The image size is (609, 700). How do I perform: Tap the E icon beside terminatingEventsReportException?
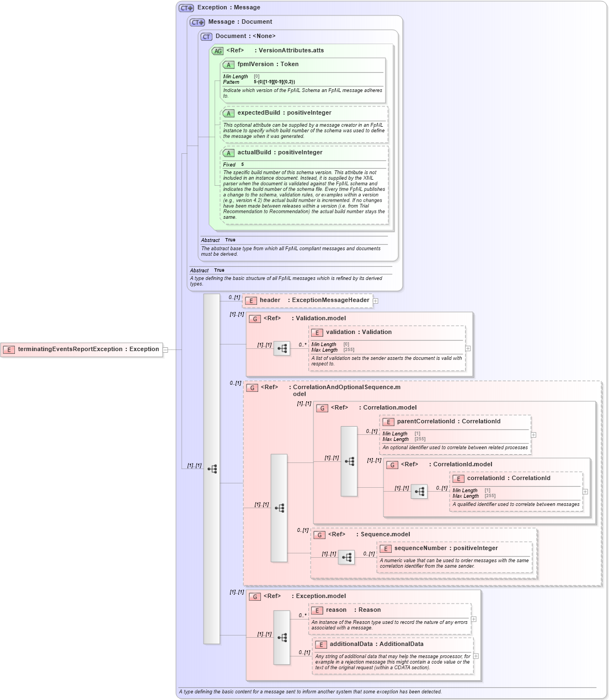[9, 349]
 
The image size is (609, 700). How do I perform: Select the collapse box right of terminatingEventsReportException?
[165, 349]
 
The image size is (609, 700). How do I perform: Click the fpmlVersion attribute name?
[255, 64]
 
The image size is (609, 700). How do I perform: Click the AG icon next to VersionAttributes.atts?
[217, 51]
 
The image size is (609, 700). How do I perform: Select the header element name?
[270, 300]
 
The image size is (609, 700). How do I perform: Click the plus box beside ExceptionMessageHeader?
[376, 301]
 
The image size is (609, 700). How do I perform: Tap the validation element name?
[340, 332]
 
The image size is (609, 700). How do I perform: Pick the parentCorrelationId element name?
[426, 422]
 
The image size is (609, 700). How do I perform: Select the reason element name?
[336, 610]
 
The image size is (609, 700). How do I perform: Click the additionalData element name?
[351, 644]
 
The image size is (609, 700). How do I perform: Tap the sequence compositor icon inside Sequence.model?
[346, 557]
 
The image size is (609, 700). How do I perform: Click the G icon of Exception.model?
[255, 596]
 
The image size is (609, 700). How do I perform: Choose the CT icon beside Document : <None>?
[206, 36]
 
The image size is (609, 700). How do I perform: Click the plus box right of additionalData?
[476, 656]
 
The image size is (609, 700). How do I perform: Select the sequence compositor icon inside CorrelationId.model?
[419, 492]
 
